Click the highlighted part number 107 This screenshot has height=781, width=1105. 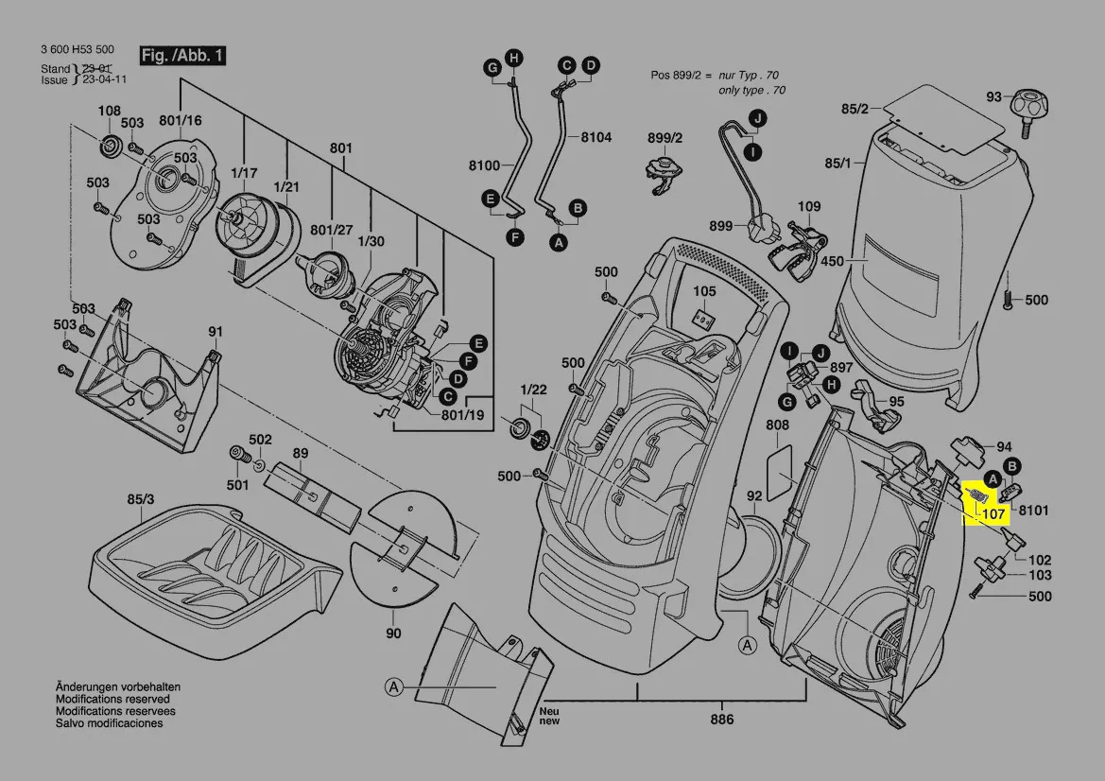point(993,514)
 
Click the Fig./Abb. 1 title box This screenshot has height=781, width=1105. point(182,56)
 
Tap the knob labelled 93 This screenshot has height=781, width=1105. point(1024,105)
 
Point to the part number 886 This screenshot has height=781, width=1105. point(722,719)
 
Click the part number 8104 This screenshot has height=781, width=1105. point(596,137)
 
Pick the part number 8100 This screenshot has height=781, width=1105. point(484,165)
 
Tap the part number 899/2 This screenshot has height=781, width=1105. point(665,138)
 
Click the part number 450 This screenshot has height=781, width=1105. point(832,261)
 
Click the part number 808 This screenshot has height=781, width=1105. point(777,425)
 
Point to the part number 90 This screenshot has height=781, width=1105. point(393,633)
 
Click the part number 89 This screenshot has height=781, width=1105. point(301,454)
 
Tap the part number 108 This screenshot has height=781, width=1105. point(110,111)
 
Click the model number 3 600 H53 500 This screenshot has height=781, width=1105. point(78,49)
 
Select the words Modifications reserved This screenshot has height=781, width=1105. point(112,699)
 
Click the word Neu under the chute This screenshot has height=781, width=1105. point(548,710)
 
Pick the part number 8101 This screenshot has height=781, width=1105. point(1033,511)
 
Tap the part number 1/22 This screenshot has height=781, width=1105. point(533,390)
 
